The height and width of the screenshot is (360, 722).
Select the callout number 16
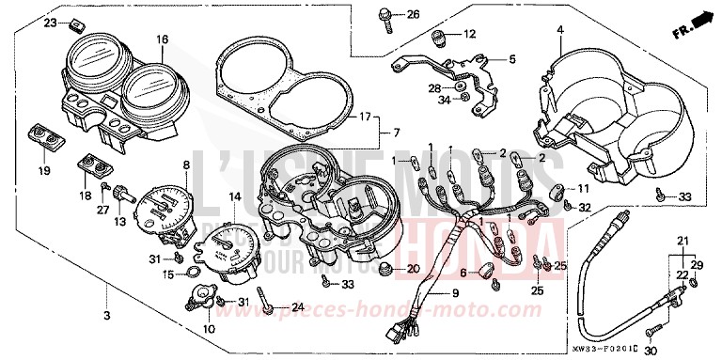point(163,39)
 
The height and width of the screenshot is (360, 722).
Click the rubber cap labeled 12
point(437,37)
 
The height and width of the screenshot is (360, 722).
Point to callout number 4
point(559,31)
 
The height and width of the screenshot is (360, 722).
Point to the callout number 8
point(186,164)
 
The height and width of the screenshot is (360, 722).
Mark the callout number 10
point(209,329)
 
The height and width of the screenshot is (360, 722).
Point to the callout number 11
point(584,188)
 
